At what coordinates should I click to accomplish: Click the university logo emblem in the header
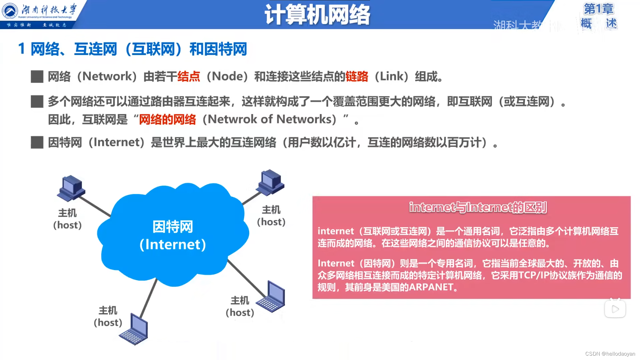coord(10,11)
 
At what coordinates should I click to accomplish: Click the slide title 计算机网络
coord(317,15)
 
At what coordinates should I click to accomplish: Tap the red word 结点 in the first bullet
coord(189,77)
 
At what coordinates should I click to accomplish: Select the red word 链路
coord(357,77)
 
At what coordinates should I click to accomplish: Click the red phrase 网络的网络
coord(167,119)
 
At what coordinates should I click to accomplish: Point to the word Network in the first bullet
coord(107,77)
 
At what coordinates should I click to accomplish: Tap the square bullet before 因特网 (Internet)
coord(37,142)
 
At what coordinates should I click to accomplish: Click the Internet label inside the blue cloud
coord(173,244)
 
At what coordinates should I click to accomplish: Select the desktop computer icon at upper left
coord(71,188)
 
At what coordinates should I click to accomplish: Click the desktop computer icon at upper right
coord(271,182)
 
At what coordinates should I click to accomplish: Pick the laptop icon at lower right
coord(271,297)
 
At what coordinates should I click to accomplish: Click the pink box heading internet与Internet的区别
coord(478,207)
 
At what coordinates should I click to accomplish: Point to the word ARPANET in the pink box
coord(431,287)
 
